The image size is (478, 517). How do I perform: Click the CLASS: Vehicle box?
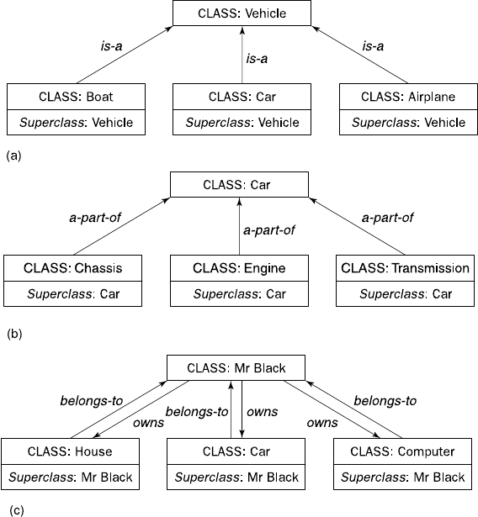[x=242, y=13]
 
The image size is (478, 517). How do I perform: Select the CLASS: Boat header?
[x=76, y=97]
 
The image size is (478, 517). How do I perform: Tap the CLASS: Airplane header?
[x=408, y=97]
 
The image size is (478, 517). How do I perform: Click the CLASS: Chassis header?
[x=72, y=268]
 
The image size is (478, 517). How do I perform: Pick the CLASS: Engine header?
[x=239, y=268]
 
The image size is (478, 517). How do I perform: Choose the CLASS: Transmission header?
[x=405, y=268]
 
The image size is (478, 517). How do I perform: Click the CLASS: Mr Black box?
[x=236, y=368]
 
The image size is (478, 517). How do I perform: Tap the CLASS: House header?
[x=70, y=451]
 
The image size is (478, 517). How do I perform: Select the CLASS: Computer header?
[x=402, y=451]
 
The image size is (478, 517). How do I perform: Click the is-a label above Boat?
[x=111, y=46]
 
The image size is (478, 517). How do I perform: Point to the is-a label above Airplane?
[x=373, y=46]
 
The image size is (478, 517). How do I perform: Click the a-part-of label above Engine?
[x=269, y=230]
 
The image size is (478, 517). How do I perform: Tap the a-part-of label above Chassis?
[x=95, y=218]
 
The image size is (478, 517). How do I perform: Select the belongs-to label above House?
[x=92, y=401]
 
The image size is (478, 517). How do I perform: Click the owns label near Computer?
[x=322, y=423]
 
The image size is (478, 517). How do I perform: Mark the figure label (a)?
[x=13, y=156]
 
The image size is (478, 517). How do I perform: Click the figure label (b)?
[x=14, y=334]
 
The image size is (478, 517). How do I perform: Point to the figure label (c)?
[x=17, y=510]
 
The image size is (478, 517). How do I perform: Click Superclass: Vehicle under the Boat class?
[x=76, y=123]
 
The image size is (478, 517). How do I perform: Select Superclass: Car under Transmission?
[x=406, y=293]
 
